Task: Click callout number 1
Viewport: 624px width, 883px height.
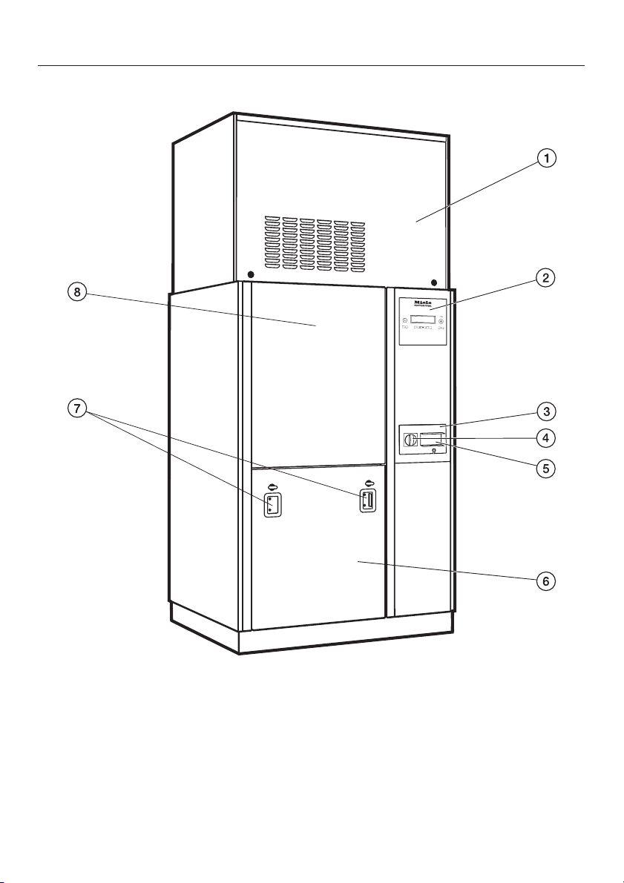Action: (546, 158)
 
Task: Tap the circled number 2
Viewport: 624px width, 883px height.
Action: (546, 279)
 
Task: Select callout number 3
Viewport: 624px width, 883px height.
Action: (546, 411)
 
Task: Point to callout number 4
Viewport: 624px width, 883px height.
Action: (546, 438)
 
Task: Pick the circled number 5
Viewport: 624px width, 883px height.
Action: (546, 468)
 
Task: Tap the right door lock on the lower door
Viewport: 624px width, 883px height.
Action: (367, 501)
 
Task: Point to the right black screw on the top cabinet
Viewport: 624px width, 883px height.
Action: (434, 282)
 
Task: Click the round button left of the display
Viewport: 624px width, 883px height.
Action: (405, 320)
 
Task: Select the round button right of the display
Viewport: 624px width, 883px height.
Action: (441, 321)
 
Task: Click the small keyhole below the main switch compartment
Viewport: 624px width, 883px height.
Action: (433, 450)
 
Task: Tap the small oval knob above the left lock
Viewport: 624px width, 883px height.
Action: (272, 487)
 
